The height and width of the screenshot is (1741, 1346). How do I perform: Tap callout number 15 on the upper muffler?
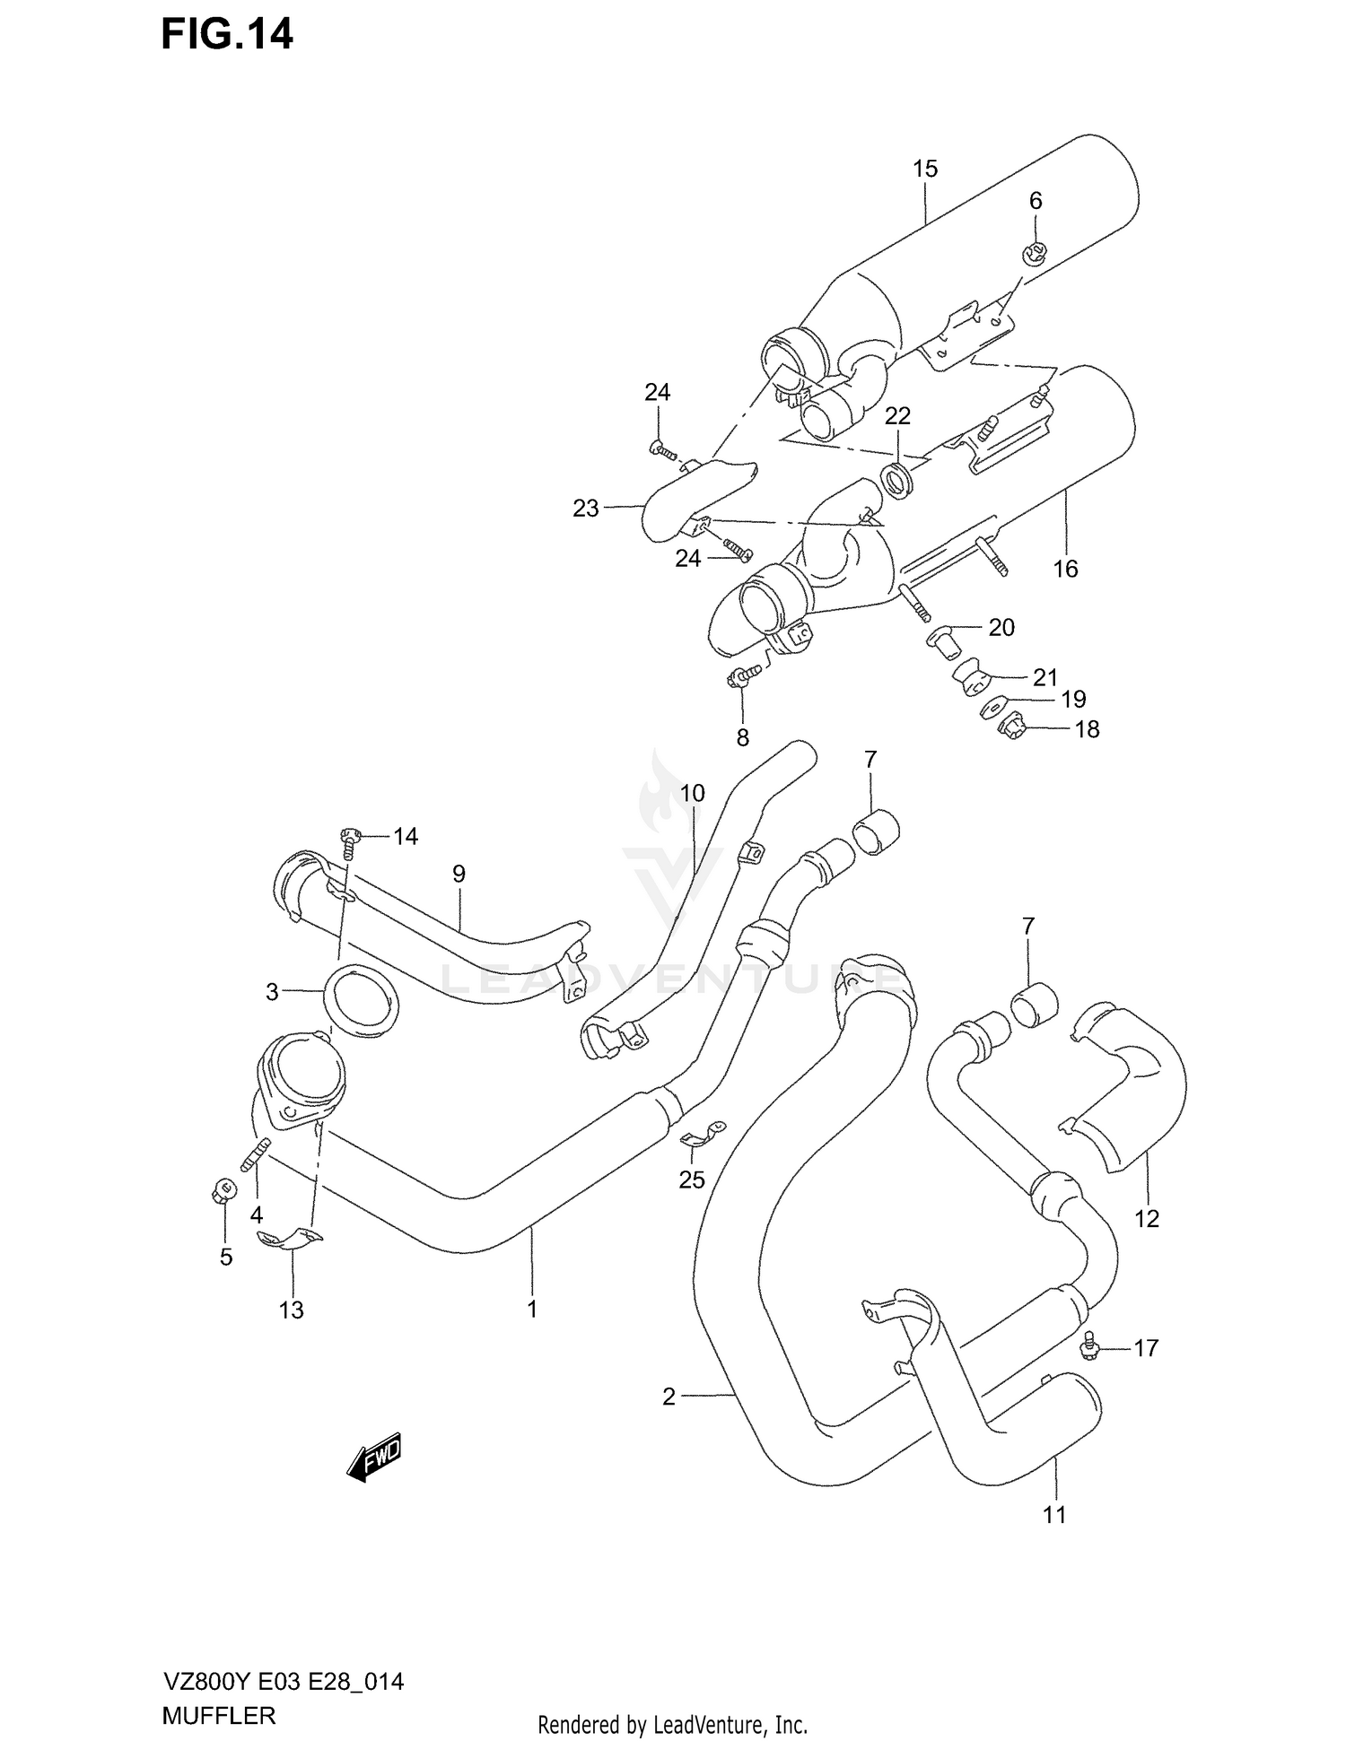[x=925, y=169]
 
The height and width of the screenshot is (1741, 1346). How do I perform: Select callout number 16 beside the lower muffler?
[x=1065, y=569]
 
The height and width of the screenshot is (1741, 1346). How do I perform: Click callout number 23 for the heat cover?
[x=585, y=509]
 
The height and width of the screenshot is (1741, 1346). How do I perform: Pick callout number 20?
[x=1001, y=628]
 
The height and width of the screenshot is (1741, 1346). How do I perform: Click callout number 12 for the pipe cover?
[x=1147, y=1218]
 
